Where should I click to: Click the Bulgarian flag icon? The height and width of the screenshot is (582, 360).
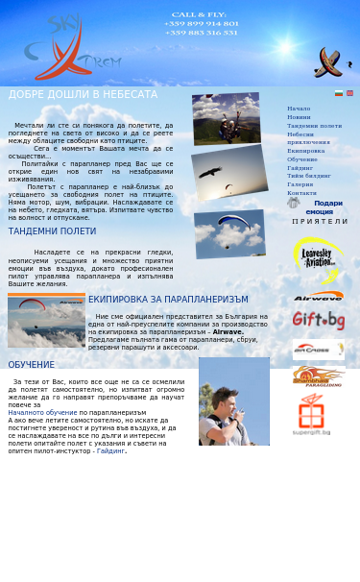(339, 93)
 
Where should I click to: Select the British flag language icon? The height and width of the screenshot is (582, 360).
(349, 93)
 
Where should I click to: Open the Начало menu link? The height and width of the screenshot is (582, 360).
(299, 109)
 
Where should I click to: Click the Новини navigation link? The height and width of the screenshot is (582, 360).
(299, 117)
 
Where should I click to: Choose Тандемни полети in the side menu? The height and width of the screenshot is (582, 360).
(314, 126)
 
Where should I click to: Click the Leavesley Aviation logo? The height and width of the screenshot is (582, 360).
(318, 256)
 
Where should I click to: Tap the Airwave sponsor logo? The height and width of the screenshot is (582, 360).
(319, 297)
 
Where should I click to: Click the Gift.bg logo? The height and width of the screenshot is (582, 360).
(319, 321)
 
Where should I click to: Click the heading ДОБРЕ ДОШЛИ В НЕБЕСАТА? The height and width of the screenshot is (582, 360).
(69, 95)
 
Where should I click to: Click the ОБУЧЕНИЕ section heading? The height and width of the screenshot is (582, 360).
(32, 365)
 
